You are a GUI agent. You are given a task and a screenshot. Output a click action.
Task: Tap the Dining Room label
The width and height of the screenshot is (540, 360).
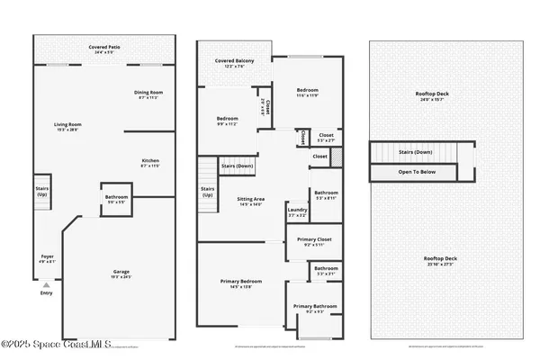pos(148,94)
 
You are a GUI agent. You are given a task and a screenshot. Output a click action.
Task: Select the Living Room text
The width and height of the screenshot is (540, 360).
pos(65,127)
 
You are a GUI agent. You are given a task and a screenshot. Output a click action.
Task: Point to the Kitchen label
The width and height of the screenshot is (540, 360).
pos(149,163)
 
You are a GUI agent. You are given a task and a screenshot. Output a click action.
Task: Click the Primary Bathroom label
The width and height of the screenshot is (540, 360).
pos(315,309)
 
